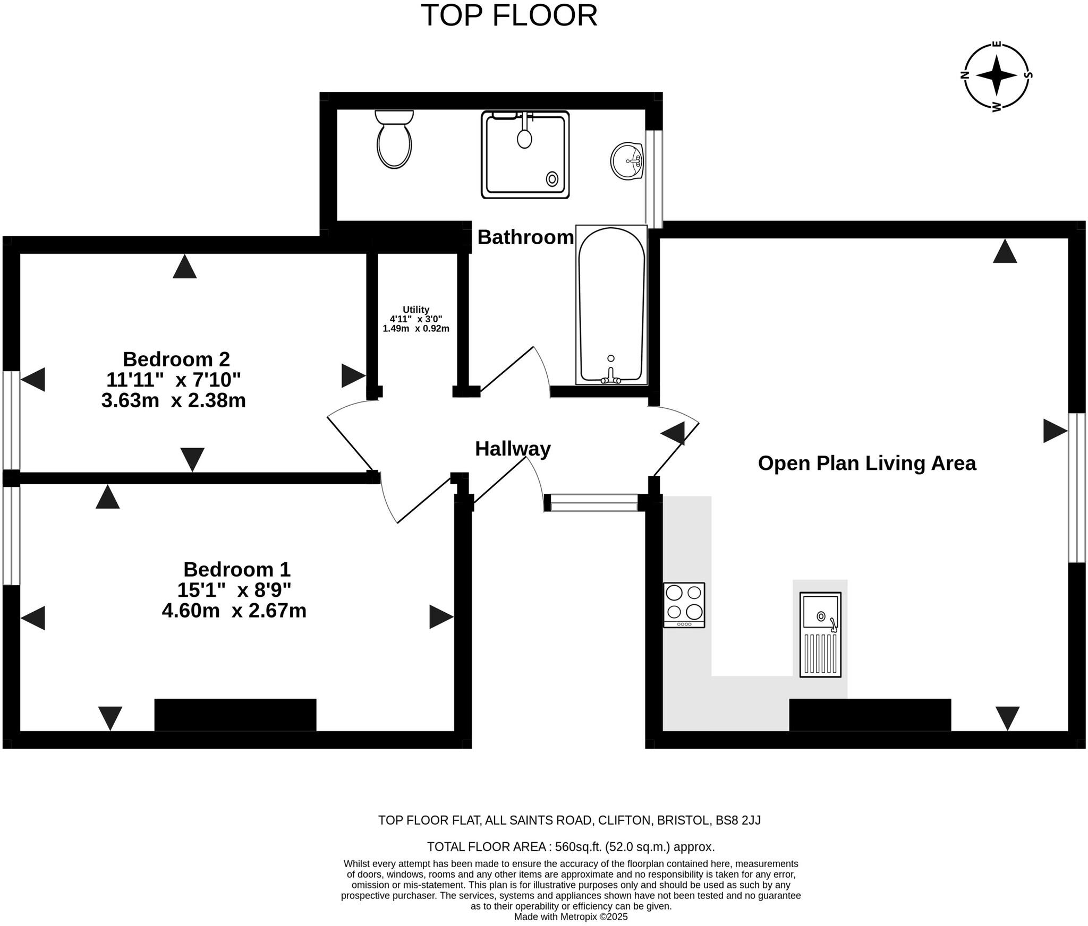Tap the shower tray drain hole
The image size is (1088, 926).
(552, 179)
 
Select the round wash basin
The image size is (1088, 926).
(627, 161)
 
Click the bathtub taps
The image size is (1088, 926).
(611, 376)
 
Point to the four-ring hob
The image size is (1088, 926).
(684, 605)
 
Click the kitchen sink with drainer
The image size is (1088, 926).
(820, 635)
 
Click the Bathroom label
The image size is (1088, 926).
(525, 237)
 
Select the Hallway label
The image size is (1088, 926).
(513, 449)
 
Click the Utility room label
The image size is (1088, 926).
(416, 310)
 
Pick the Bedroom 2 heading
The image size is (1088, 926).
(176, 359)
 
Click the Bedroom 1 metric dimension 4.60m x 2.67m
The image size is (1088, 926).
(234, 611)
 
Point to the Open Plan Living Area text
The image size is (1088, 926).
(867, 463)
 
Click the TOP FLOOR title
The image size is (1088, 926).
(509, 15)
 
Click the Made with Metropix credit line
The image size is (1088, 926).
(571, 916)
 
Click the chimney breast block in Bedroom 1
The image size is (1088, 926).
(235, 715)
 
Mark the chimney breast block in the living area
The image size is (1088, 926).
(870, 715)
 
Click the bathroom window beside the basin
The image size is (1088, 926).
(654, 179)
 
